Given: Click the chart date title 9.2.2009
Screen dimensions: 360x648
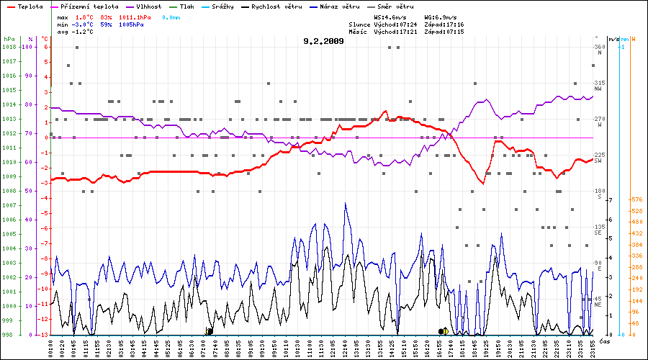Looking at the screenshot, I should [324, 41].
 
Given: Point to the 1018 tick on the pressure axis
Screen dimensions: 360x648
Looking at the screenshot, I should [9, 47].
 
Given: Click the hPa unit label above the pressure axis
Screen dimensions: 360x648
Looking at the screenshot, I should [9, 38].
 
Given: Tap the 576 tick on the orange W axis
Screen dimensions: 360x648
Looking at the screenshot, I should [636, 199].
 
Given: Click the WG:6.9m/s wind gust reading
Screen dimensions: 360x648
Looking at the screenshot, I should [441, 16].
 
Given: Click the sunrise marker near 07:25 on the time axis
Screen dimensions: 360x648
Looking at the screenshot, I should [210, 331].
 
